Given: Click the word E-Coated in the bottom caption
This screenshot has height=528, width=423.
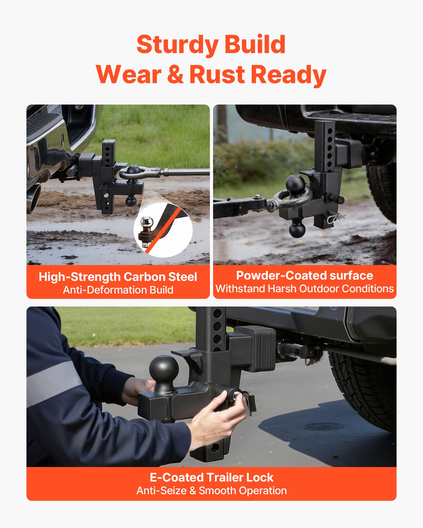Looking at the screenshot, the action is click(177, 478).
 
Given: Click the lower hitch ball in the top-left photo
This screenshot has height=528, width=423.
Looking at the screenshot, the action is click(131, 201).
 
